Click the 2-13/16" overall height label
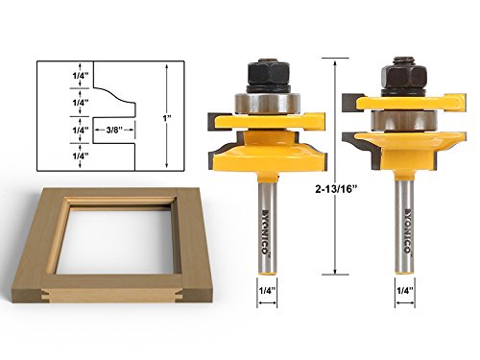[x=336, y=189]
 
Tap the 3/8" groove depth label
[x=114, y=130]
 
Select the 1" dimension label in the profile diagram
[x=167, y=118]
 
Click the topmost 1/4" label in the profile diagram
[x=80, y=76]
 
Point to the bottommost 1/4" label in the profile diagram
[x=80, y=156]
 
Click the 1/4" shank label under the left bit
[x=267, y=291]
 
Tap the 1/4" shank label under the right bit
[x=405, y=291]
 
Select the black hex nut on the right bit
[x=403, y=76]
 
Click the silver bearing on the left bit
[x=267, y=103]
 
